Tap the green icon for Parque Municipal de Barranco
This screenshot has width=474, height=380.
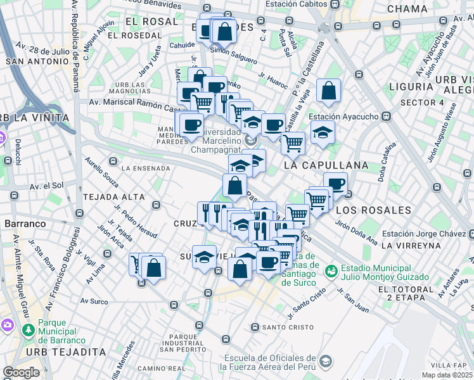(28, 331)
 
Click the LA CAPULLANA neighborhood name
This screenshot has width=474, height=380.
(326, 165)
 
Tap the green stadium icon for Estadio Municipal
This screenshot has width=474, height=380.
(330, 271)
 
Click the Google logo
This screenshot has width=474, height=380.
(21, 372)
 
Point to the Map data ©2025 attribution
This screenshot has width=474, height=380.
(447, 375)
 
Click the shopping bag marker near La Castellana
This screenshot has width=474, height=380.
(329, 92)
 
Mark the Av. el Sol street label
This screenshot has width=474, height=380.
(47, 186)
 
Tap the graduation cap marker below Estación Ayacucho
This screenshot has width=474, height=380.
(323, 133)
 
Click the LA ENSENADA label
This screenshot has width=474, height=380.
(146, 168)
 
